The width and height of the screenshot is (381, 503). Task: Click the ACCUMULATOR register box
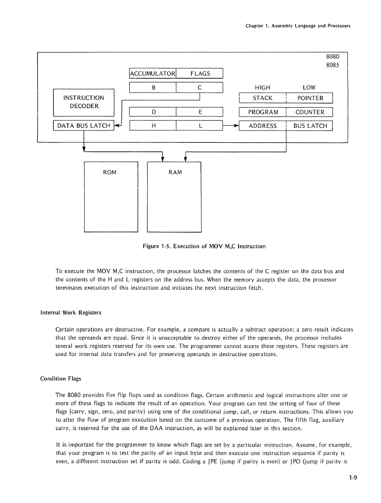coord(153,73)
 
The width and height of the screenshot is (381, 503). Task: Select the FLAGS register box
coord(200,73)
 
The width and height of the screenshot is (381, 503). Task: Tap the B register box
coord(154,87)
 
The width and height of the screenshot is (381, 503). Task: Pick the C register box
coord(200,87)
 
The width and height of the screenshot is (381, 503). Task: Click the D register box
coord(154,112)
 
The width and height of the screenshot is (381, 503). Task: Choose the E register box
coord(200,112)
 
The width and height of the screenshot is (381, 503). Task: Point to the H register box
coord(154,126)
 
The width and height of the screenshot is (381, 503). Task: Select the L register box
coord(200,126)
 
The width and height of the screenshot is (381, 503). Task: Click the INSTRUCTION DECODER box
coord(83,102)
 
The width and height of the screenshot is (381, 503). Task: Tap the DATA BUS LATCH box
coord(83,126)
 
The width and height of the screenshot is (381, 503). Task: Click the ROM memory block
coord(110,197)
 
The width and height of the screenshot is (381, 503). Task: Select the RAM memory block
coord(175,197)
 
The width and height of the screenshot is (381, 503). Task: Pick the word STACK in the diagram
coord(263,98)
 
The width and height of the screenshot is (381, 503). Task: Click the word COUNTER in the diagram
coord(310,112)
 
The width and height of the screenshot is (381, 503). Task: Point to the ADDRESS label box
coord(263,126)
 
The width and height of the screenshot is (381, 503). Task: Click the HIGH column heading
coord(263,87)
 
